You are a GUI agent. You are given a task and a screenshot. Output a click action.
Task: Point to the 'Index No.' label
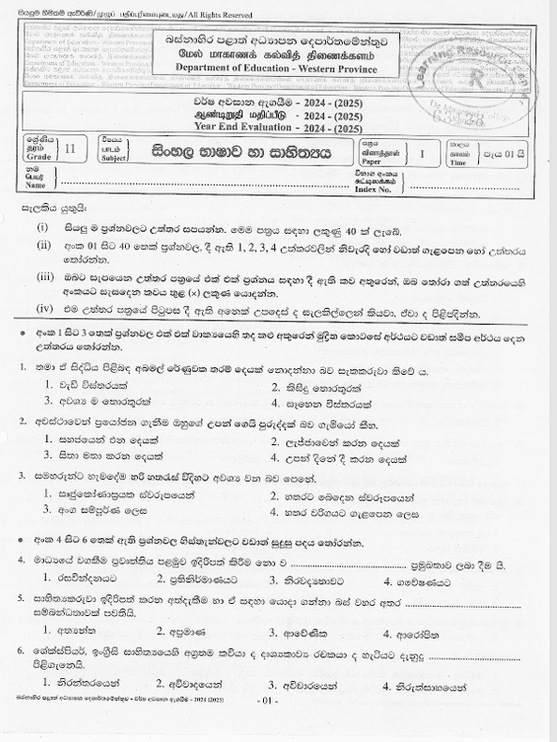coord(373,189)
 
